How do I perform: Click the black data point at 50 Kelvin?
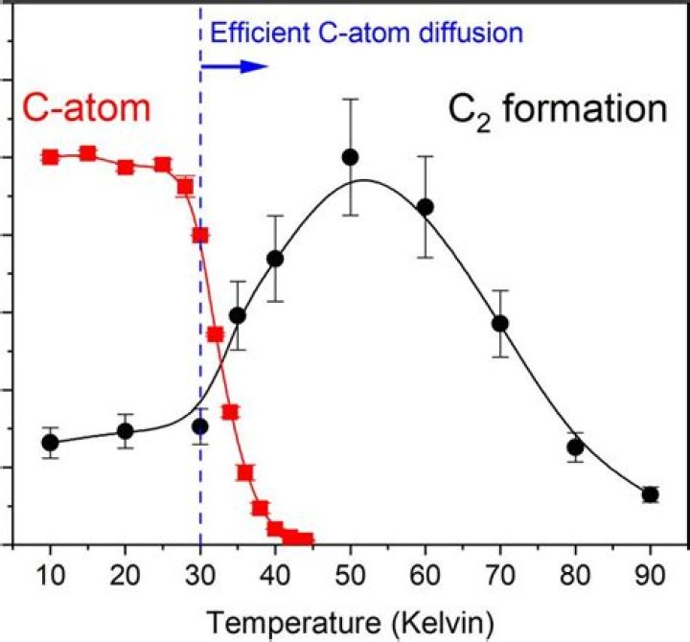tap(350, 156)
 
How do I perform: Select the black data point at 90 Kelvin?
tap(650, 494)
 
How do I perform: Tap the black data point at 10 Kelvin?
tap(51, 442)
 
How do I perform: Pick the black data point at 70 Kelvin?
tap(499, 323)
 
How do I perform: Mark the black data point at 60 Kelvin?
tap(425, 207)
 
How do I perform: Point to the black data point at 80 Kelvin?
tap(575, 447)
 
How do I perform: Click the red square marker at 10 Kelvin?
tap(51, 156)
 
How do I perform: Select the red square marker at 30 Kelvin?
tap(200, 235)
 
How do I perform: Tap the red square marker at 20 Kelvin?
tap(126, 167)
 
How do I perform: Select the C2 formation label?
tap(558, 109)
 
